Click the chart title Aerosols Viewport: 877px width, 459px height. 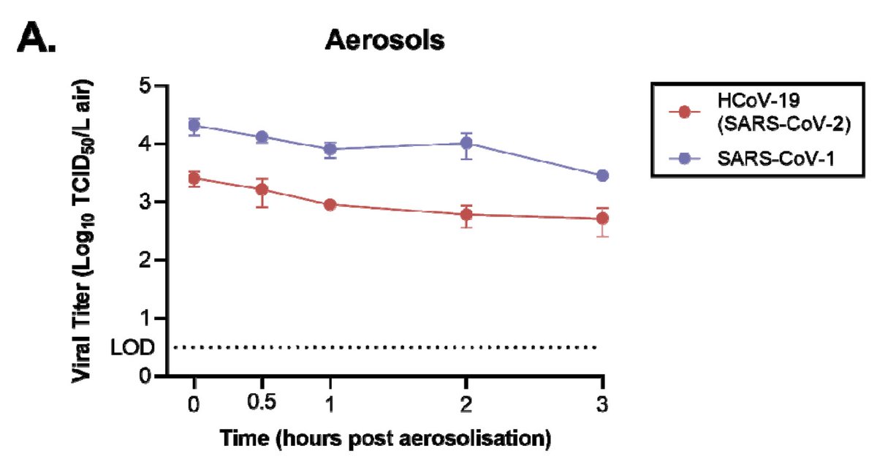(x=384, y=41)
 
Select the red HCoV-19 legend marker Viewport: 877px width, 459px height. (x=684, y=112)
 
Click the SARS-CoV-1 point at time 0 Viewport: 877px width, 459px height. (x=194, y=126)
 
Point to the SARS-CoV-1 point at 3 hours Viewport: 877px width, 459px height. (x=603, y=175)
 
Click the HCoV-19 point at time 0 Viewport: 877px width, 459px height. (x=194, y=178)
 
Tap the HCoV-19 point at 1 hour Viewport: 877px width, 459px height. (x=330, y=205)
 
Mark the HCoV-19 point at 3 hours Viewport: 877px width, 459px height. (x=603, y=219)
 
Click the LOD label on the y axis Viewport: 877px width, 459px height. (x=132, y=348)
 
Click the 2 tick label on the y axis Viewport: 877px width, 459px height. (x=145, y=260)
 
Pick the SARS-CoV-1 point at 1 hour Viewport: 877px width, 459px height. (x=330, y=149)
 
